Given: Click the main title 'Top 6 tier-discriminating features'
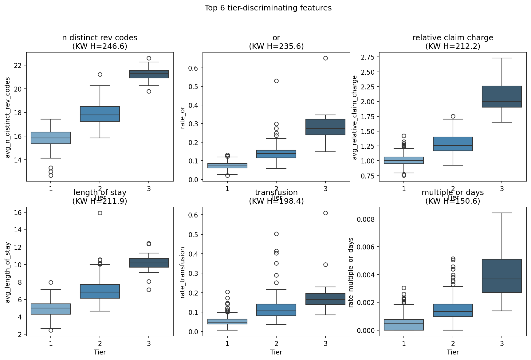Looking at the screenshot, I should (268, 8).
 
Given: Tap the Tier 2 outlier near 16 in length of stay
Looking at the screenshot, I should (100, 213).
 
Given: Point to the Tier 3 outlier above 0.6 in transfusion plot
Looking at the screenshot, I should (325, 213).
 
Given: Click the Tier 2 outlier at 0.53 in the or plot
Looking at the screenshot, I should (276, 81).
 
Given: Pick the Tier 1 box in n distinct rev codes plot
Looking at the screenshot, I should (51, 138).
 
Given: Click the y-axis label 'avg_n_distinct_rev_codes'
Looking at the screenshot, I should (8, 117).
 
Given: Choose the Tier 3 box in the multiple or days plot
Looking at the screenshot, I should (502, 276).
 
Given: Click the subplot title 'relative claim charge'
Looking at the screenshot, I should (453, 38).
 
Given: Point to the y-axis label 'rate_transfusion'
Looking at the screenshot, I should (183, 272).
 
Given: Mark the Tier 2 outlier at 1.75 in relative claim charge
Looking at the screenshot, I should (453, 116).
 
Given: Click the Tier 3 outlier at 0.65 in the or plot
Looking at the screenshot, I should (325, 58).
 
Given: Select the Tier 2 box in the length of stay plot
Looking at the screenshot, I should (100, 291).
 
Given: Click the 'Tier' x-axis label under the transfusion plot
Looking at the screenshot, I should (276, 352).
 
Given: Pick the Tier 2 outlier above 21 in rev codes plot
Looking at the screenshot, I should (100, 74).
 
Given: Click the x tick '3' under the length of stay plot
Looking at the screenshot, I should (149, 343).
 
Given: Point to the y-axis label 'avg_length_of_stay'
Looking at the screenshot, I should (8, 272).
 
